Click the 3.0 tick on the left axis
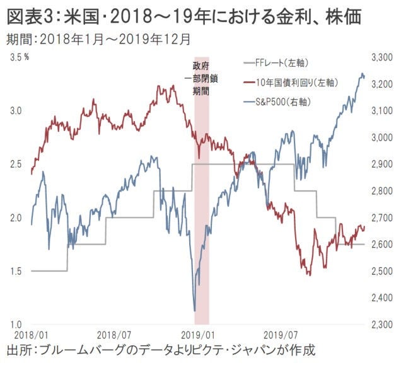pos(15,110)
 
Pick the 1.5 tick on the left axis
pos(15,271)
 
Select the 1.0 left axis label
pos(15,324)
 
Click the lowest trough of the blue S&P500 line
pos(194,310)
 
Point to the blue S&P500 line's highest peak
pos(363,74)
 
